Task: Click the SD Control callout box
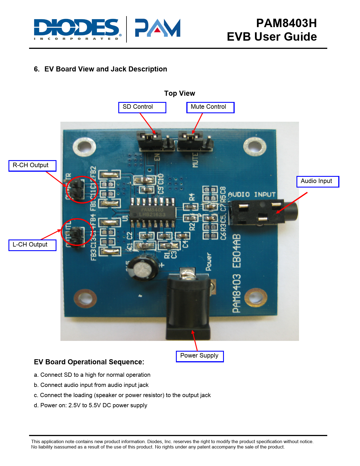pos(142,107)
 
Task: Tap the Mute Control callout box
pos(210,107)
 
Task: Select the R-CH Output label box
pos(32,166)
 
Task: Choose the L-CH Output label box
pos(32,245)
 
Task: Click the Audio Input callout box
pos(318,181)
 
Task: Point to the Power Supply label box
pos(200,356)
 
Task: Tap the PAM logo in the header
pos(158,28)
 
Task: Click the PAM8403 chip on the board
pos(152,212)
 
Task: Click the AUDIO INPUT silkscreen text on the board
pos(252,195)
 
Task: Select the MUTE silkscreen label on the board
pos(195,160)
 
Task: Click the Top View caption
pos(180,93)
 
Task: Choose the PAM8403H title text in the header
pos(286,23)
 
